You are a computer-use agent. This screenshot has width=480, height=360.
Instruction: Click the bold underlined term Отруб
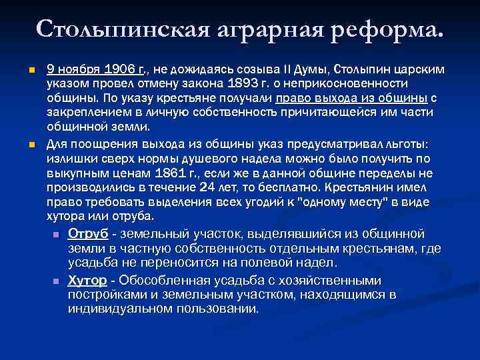pos(89,233)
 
